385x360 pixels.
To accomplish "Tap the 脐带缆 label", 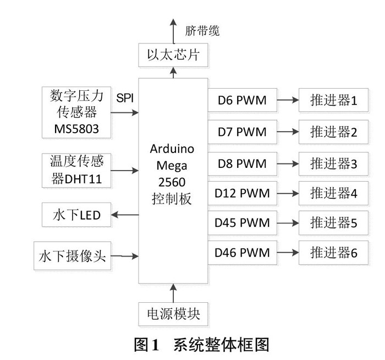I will pos(202,31).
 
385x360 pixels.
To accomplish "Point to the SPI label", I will pos(124,98).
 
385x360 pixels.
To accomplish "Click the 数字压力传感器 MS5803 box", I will pos(76,112).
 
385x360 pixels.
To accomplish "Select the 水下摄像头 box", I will pos(73,255).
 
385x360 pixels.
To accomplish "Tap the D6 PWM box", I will pos(242,101).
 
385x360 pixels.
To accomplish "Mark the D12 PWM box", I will pos(242,193).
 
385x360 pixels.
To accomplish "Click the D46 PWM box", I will pos(242,253).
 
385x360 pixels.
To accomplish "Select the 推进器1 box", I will pos(334,101).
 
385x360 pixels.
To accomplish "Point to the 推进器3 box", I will pos(334,163).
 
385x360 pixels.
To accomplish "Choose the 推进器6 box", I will pos(334,253).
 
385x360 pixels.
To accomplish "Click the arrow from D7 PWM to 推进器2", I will pos(287,132).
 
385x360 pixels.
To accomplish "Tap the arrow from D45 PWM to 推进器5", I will pos(287,223).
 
